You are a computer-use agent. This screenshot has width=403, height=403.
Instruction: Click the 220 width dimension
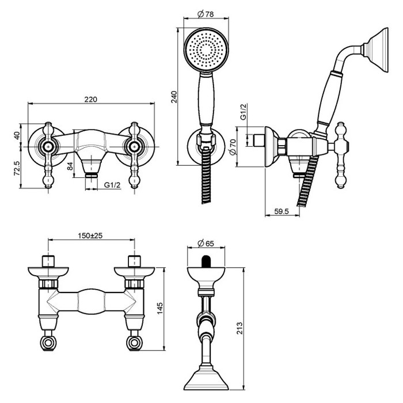point(90,99)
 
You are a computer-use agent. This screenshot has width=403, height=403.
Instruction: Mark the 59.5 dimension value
point(281,211)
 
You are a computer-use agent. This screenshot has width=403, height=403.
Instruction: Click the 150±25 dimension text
point(90,235)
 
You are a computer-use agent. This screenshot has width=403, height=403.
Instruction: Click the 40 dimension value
point(17,135)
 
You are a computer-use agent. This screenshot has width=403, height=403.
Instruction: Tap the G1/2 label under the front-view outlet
point(112,184)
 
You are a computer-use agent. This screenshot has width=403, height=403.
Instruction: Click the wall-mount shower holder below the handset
point(204,141)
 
